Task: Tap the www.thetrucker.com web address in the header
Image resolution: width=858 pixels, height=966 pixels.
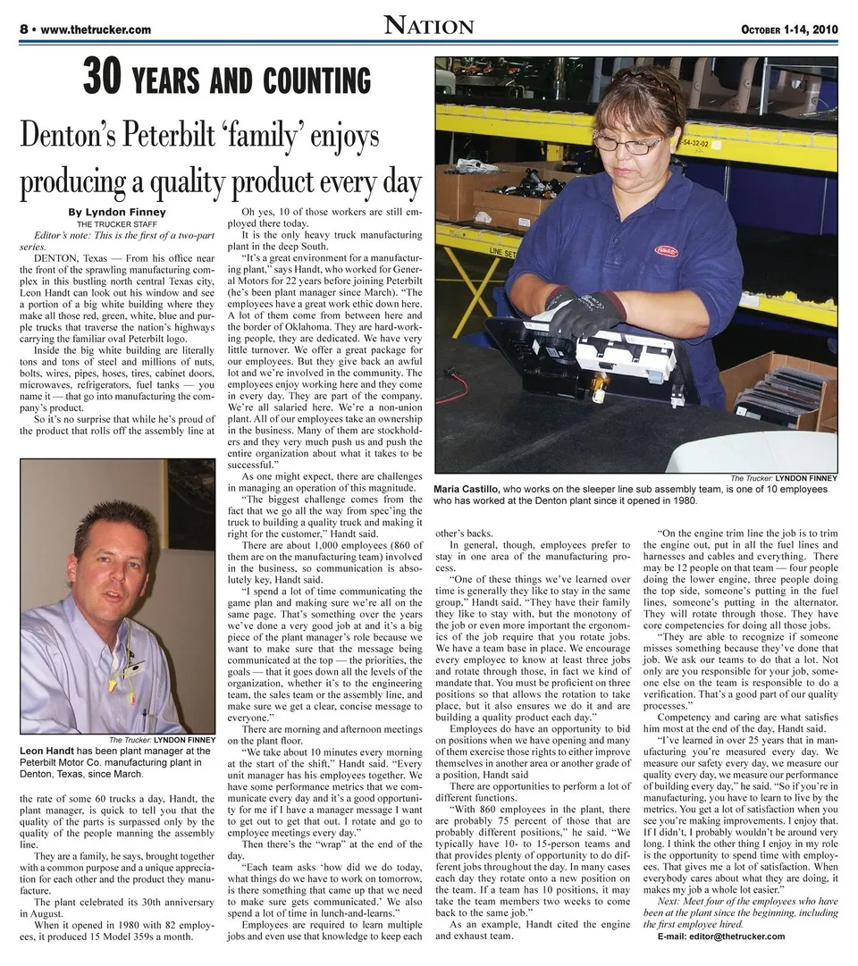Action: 96,29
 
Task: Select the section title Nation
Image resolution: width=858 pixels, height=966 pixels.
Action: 429,26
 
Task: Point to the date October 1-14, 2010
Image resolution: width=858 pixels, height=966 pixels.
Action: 788,29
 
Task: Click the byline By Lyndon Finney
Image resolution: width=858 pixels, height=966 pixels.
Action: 117,212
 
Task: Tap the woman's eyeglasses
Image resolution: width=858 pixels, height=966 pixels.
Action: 627,142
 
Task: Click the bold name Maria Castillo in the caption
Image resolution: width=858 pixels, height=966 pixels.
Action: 467,490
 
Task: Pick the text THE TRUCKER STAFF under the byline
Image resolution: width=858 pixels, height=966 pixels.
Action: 117,223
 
